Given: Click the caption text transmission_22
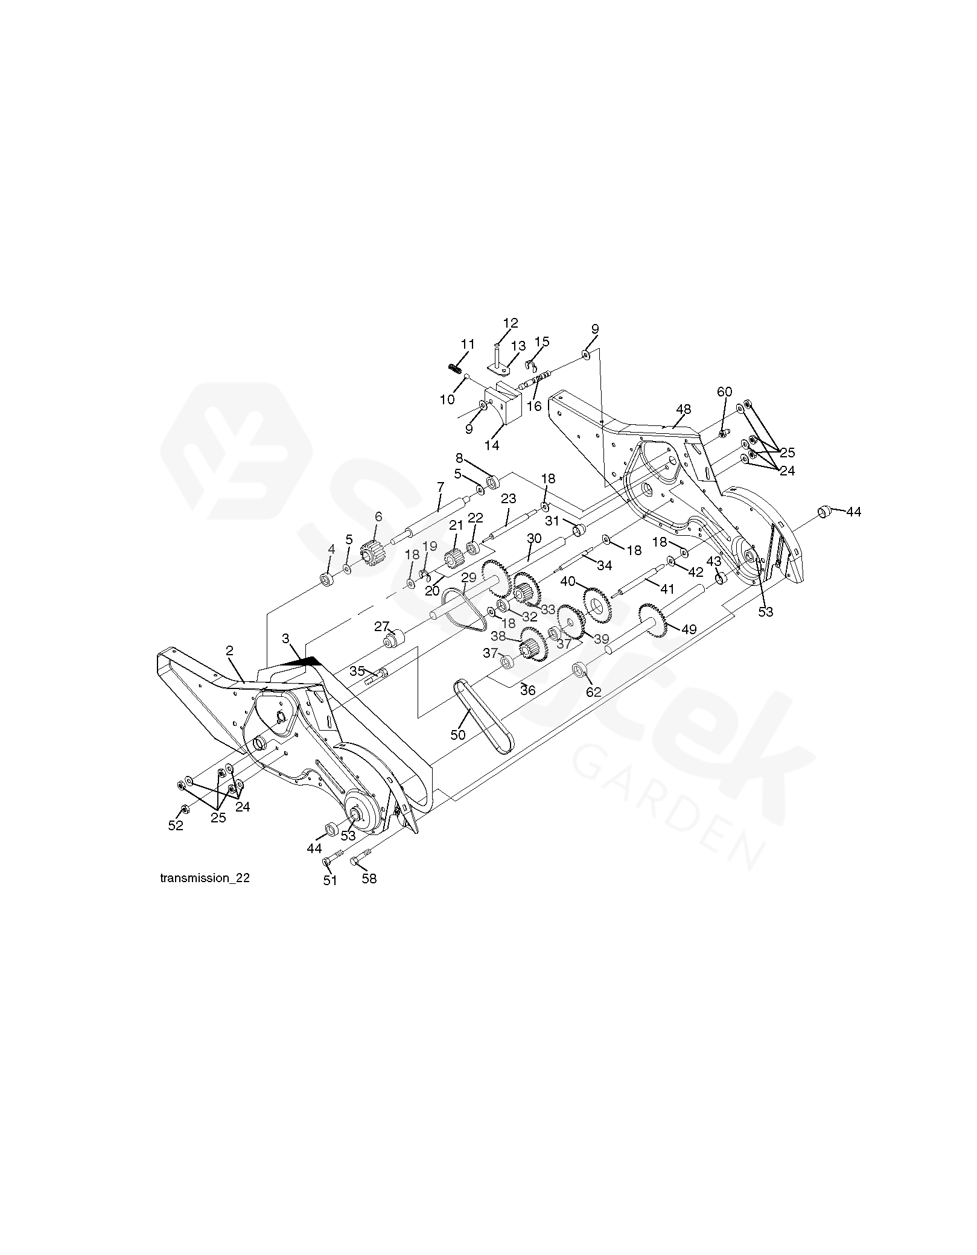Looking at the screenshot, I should click(205, 878).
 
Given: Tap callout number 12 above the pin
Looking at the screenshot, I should click(511, 323).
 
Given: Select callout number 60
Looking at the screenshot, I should click(724, 392).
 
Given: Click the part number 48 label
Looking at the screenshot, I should click(683, 409).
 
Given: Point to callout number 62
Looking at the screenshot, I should click(594, 692).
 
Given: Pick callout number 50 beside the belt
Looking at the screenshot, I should click(459, 734).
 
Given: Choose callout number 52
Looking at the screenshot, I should click(176, 825).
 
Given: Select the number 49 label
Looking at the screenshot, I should click(689, 630).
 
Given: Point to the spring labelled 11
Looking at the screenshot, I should click(455, 368).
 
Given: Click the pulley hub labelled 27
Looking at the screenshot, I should click(395, 638).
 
